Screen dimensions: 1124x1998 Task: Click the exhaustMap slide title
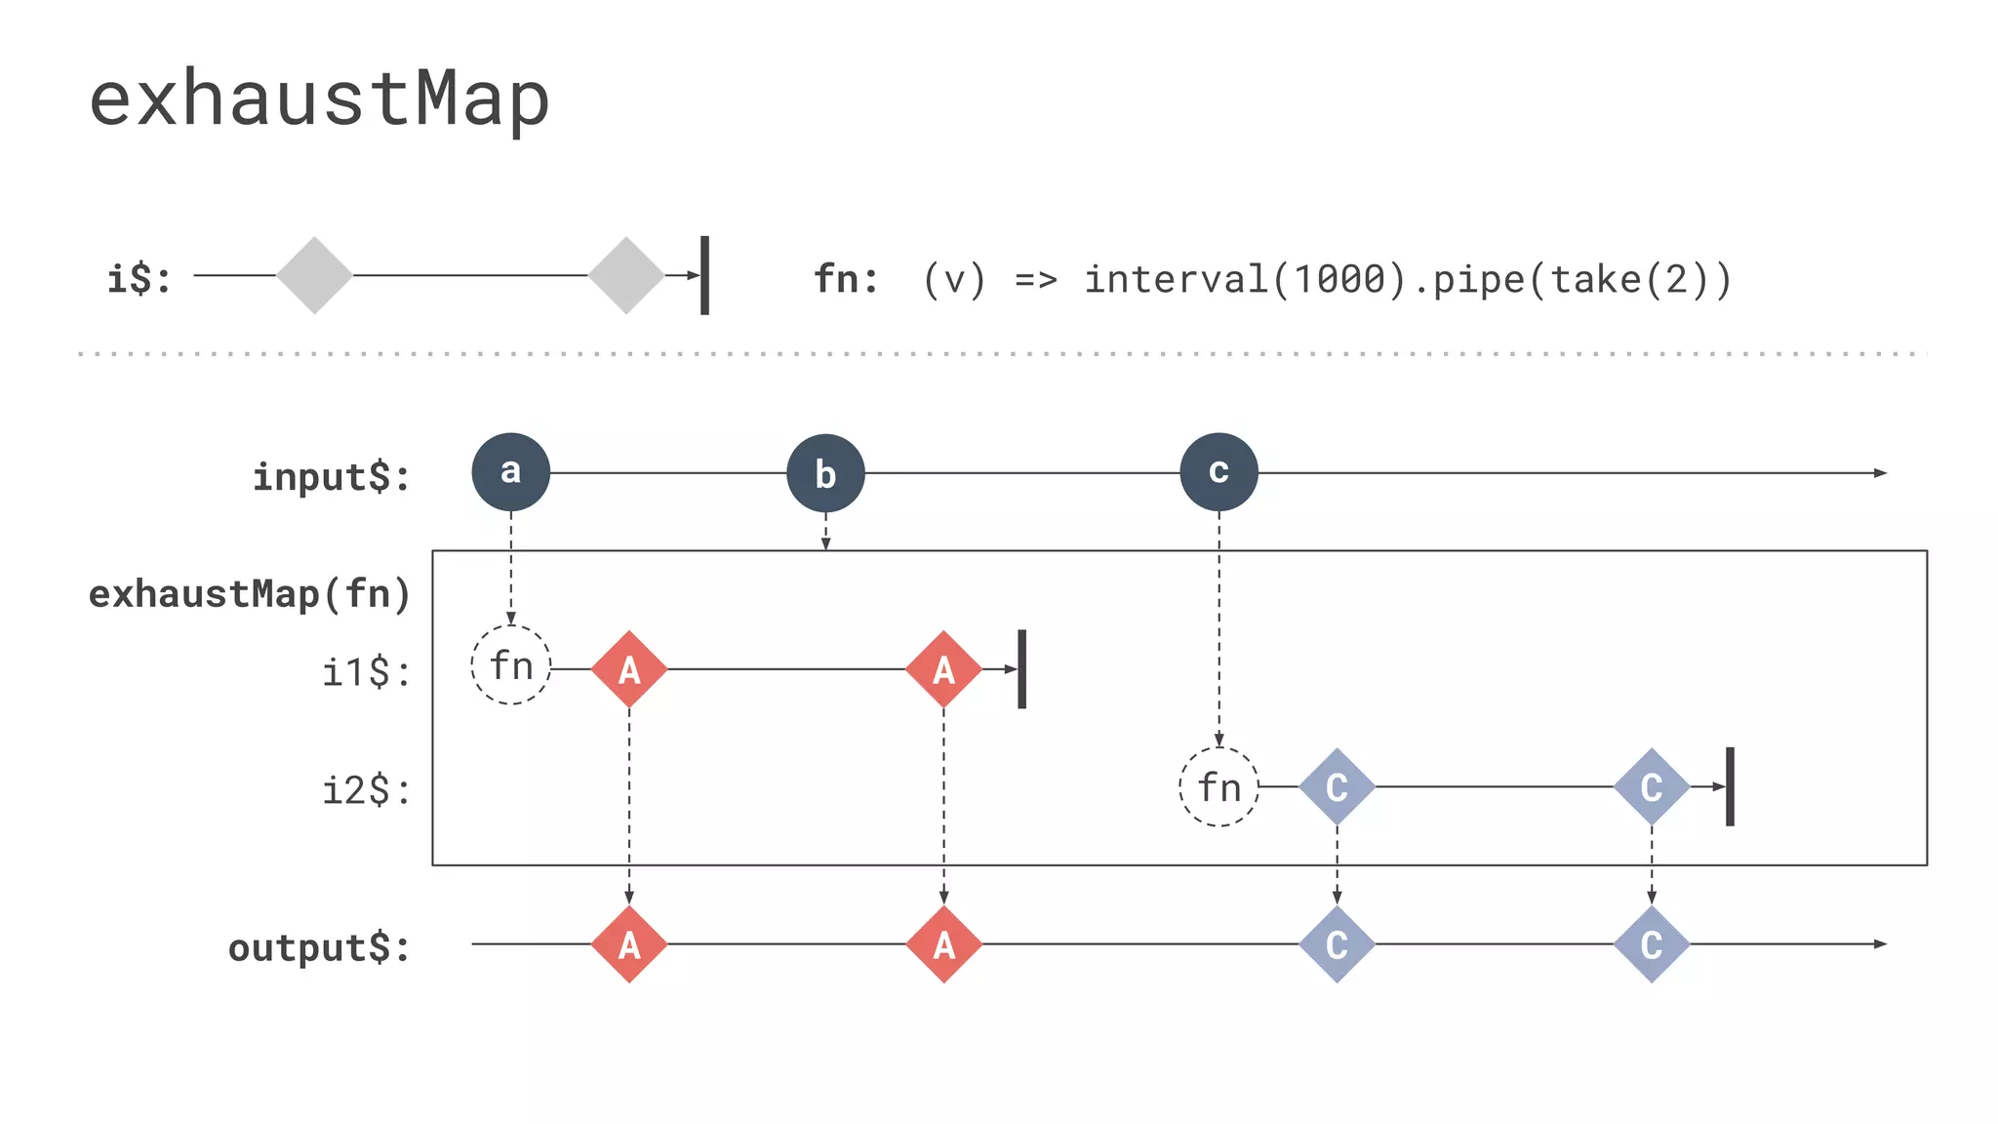(319, 100)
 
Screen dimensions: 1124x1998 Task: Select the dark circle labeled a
(510, 472)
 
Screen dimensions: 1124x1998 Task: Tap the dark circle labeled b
(825, 473)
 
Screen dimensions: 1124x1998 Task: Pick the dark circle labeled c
(1219, 472)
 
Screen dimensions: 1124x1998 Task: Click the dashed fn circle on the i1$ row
(511, 665)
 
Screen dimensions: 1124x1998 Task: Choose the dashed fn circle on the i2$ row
(1219, 786)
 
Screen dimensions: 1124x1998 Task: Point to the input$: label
(332, 477)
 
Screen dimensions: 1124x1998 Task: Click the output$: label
(319, 947)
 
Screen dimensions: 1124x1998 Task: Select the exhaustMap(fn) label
(250, 594)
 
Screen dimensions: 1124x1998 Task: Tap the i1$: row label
(366, 672)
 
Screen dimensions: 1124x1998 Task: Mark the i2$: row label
(366, 790)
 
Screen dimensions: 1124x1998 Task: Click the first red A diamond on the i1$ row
(629, 669)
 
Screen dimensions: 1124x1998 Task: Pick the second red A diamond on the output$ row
(943, 944)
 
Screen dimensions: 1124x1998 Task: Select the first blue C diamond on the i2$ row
(1337, 786)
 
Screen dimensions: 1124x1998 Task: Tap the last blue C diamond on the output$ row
(1651, 944)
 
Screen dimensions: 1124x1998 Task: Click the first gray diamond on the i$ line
(314, 275)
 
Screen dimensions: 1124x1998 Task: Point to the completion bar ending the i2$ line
(1730, 786)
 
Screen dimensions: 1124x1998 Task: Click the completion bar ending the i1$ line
(1021, 669)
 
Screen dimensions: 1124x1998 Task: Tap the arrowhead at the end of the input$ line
(1881, 473)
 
